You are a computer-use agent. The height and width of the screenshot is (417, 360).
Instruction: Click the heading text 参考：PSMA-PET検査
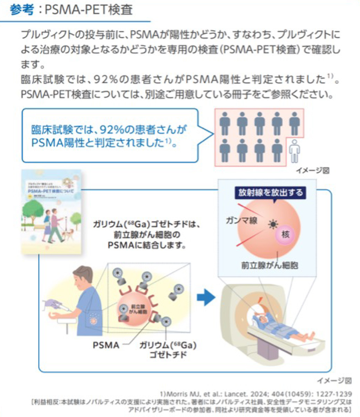(72, 10)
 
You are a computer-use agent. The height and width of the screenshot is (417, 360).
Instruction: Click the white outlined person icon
(295, 150)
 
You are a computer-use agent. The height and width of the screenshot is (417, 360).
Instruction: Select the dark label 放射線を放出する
(271, 193)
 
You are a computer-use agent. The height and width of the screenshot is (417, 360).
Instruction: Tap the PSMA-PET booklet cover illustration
(51, 212)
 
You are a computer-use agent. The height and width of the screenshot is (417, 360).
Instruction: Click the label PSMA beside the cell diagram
(106, 345)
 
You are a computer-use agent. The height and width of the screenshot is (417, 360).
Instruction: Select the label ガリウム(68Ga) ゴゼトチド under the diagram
(168, 349)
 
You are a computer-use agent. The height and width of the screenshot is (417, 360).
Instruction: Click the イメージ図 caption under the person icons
(312, 170)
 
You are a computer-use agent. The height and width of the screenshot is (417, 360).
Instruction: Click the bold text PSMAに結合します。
(146, 245)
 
